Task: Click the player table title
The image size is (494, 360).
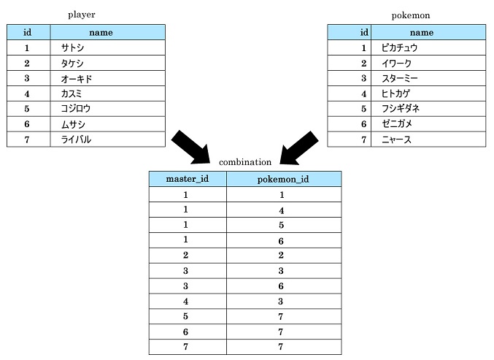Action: click(81, 15)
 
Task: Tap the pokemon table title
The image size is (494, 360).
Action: click(411, 15)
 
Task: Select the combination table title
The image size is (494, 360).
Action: click(245, 162)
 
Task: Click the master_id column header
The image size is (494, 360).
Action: click(188, 179)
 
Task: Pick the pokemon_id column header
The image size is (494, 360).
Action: click(283, 180)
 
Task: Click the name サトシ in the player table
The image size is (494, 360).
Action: click(72, 48)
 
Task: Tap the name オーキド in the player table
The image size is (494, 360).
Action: click(77, 78)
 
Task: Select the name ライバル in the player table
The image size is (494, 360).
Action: click(76, 139)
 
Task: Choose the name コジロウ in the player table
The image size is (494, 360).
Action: click(76, 109)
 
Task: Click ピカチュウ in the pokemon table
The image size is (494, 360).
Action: click(399, 48)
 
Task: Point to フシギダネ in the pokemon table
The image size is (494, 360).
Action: click(401, 109)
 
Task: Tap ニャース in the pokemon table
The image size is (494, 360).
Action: click(396, 139)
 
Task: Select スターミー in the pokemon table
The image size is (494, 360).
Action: click(399, 78)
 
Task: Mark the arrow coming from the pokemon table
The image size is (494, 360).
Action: click(298, 148)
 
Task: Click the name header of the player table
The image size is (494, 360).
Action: click(101, 32)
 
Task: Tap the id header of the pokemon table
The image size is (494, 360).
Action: click(364, 32)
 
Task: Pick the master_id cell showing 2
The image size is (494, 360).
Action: click(185, 255)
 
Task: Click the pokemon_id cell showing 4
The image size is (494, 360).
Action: click(282, 210)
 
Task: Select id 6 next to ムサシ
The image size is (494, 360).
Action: click(27, 124)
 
